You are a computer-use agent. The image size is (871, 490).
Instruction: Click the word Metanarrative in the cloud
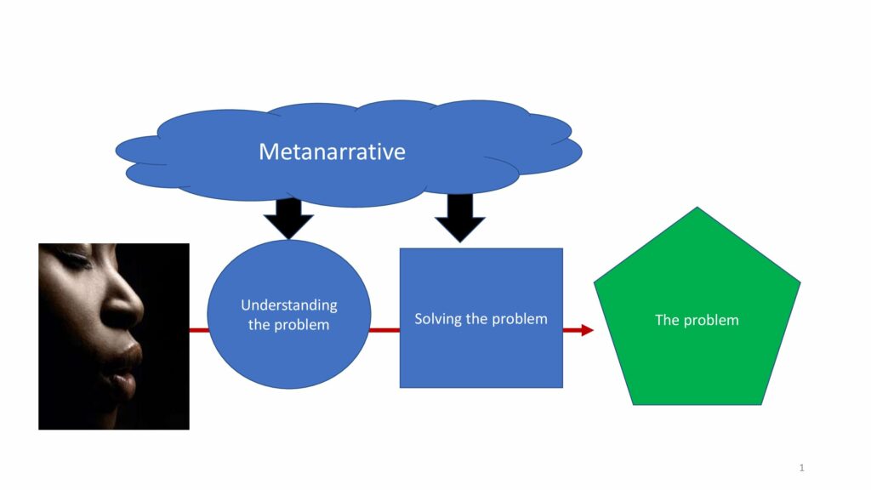pos(332,152)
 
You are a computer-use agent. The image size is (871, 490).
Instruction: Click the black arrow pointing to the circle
pos(289,219)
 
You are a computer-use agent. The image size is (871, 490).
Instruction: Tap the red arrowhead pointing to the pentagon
pos(587,330)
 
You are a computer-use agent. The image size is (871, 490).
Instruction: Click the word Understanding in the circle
pos(288,305)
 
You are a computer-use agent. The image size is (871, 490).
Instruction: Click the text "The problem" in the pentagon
pos(697,321)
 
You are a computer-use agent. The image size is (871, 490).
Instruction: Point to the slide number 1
pos(801,468)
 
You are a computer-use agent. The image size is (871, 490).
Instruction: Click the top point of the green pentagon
pos(697,209)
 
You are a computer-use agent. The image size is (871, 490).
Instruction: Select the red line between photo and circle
pos(198,330)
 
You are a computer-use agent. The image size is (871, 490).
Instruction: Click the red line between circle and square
pos(384,330)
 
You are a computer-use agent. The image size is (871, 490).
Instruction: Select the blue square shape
pos(481,357)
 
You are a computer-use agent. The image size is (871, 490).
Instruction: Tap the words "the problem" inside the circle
pos(288,325)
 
